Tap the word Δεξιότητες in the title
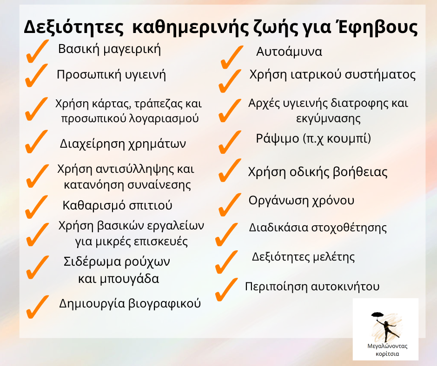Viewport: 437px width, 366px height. click(x=73, y=27)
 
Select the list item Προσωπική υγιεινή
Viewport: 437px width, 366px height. click(x=111, y=75)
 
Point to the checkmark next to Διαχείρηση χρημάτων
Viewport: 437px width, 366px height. click(x=36, y=142)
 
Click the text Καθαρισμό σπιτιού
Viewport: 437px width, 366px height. click(x=117, y=205)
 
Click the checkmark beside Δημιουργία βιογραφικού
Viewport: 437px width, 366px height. click(x=37, y=307)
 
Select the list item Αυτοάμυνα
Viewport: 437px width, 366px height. click(x=289, y=52)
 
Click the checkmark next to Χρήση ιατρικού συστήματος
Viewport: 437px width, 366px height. click(x=230, y=81)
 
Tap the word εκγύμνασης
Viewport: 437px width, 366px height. click(x=328, y=118)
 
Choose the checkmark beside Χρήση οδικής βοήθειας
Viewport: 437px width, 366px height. click(x=230, y=170)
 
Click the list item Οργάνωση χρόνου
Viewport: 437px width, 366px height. click(x=301, y=201)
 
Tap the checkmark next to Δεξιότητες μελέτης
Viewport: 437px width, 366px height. click(x=227, y=262)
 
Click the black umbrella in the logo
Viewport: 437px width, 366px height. click(x=377, y=315)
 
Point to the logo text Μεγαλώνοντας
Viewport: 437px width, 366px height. click(x=387, y=346)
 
